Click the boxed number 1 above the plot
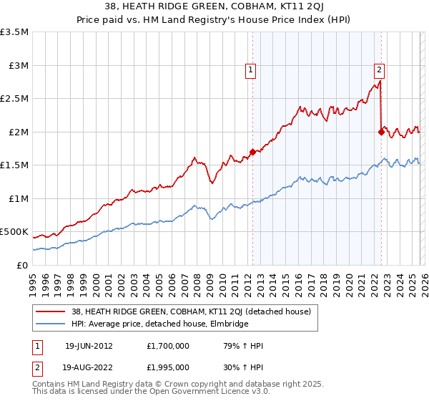(x=252, y=70)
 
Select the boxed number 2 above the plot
(x=379, y=70)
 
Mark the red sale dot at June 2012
(x=252, y=152)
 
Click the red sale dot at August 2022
(x=380, y=132)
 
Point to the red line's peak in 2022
(x=379, y=81)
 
